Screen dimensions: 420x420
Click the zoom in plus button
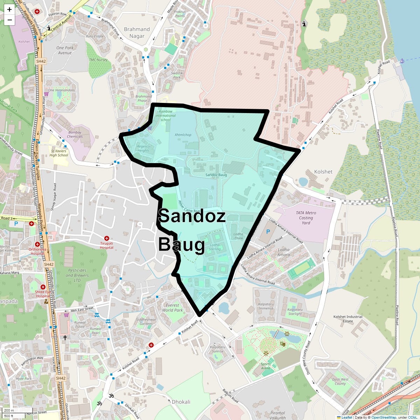(9, 9)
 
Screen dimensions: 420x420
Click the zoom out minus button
(9, 20)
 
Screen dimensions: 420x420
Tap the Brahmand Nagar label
(137, 33)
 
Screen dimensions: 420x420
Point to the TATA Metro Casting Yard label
(306, 218)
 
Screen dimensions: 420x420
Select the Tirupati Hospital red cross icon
(107, 238)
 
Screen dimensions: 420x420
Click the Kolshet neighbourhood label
(323, 172)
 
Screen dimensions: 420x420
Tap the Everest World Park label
(172, 308)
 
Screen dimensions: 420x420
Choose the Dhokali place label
(181, 402)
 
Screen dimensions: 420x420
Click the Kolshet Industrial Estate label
(348, 319)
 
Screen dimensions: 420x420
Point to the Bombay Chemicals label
(75, 134)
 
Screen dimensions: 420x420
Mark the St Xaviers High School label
(59, 153)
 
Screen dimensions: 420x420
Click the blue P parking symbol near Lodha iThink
(268, 232)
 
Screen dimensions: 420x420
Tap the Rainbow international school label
(166, 115)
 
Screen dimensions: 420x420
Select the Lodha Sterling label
(215, 247)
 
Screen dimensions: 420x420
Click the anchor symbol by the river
(402, 61)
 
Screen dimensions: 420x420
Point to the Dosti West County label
(340, 381)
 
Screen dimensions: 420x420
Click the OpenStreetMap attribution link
(384, 417)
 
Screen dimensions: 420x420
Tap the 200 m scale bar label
(9, 411)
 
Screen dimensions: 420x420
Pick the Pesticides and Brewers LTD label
(77, 275)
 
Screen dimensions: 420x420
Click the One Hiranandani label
(61, 90)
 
